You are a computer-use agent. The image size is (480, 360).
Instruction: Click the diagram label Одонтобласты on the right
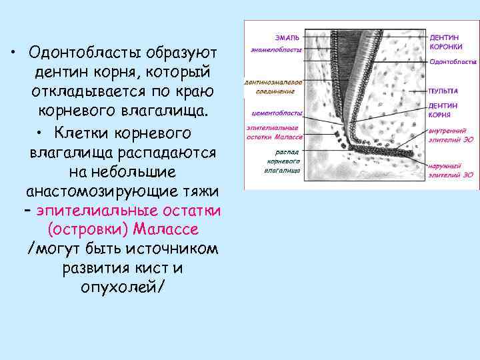[452, 61]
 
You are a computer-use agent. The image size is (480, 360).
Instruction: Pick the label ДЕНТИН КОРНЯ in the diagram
[443, 109]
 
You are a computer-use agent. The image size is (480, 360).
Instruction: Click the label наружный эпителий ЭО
[451, 171]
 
